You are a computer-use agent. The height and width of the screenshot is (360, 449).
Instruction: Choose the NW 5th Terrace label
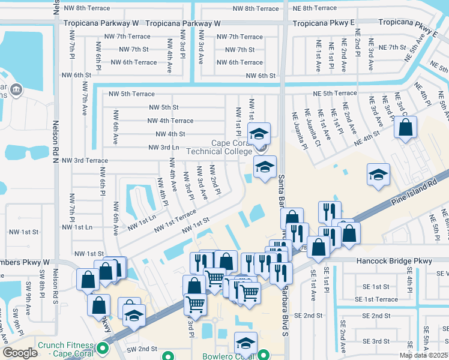pos(131,94)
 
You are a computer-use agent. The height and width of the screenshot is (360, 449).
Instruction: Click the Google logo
pos(19,353)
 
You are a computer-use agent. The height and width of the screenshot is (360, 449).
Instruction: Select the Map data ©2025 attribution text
pos(423,355)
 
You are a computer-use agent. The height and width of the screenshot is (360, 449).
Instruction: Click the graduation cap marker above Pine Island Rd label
pos(378,175)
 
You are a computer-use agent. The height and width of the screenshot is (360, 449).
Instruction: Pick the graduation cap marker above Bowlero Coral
pos(246,344)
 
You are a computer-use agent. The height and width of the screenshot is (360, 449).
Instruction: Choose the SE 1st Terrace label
pos(376,299)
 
